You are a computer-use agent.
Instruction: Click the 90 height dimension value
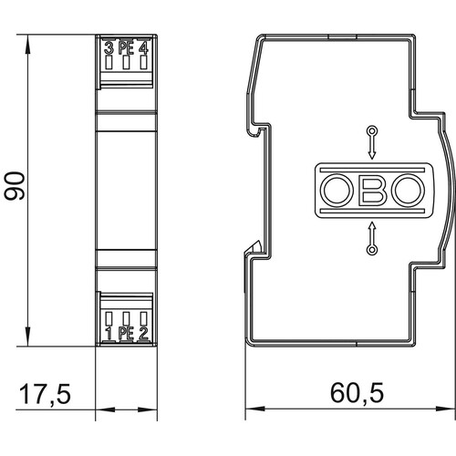click(x=15, y=186)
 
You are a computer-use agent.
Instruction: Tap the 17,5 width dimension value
click(x=45, y=394)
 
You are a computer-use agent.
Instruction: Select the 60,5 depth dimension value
click(x=358, y=393)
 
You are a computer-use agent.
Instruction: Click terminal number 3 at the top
click(x=109, y=48)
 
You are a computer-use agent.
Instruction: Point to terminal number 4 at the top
click(x=143, y=48)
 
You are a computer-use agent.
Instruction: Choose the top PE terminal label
click(x=126, y=48)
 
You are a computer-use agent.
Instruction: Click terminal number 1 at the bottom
click(x=109, y=334)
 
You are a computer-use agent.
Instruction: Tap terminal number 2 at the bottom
click(x=143, y=334)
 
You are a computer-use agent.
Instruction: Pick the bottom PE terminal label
click(x=126, y=334)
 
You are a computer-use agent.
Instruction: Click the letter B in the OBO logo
click(x=373, y=191)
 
